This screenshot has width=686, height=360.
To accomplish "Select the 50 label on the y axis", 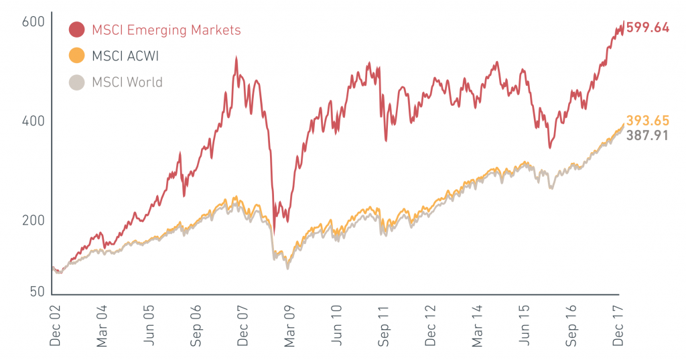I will (38, 292).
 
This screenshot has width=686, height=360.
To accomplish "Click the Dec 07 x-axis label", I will (243, 324).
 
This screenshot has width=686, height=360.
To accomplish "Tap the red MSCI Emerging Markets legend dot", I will (77, 29).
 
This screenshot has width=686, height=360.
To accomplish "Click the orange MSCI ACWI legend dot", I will (77, 56).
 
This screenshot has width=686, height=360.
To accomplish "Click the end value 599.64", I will (648, 28).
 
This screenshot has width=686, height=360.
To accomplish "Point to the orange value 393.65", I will (648, 121).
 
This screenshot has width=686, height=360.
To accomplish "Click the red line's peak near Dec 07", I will (236, 58).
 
